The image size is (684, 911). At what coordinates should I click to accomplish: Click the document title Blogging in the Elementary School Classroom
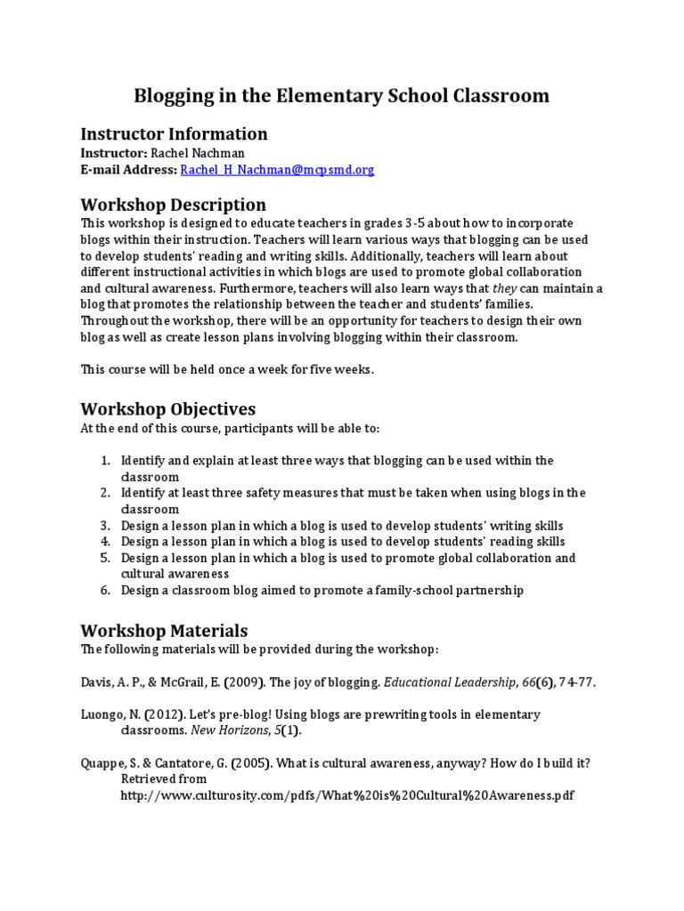[341, 95]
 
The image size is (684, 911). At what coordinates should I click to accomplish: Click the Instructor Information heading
[174, 134]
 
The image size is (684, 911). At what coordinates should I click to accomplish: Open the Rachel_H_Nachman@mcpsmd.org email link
[277, 169]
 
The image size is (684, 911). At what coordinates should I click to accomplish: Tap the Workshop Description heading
[173, 206]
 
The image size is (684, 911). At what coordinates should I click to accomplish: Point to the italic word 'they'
[504, 288]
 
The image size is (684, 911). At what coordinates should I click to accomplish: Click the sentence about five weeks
[227, 369]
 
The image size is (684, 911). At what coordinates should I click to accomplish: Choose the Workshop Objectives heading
[167, 409]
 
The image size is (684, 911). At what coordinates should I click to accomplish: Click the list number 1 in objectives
[104, 461]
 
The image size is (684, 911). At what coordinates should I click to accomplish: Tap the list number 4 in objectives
[104, 541]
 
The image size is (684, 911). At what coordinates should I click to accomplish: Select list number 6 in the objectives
[104, 590]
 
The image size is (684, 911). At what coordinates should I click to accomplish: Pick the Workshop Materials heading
[164, 632]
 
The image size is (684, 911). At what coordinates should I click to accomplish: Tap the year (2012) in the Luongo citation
[159, 714]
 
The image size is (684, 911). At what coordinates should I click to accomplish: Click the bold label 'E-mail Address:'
[128, 169]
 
